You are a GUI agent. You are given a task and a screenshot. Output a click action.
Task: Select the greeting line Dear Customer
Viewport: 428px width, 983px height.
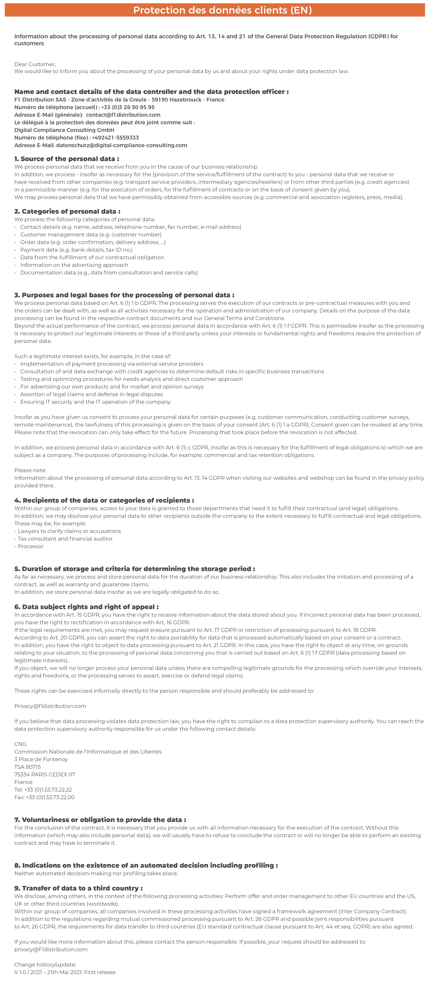pos(35,64)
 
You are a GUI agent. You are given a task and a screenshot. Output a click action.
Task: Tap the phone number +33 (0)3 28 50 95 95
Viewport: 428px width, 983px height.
pos(128,107)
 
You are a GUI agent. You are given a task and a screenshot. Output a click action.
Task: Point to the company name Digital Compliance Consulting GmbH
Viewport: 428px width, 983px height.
pos(64,130)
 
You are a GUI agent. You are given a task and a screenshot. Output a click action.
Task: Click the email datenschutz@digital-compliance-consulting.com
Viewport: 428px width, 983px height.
pos(121,145)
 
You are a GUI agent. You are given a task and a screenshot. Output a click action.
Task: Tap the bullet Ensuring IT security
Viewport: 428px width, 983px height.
pos(95,402)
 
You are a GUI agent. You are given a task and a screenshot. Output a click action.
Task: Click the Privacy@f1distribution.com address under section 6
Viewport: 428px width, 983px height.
pos(50,706)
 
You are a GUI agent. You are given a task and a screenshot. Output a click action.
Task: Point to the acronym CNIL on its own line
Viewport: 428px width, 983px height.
pos(21,744)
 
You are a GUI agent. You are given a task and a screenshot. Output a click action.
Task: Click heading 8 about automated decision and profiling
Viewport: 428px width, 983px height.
pos(146,865)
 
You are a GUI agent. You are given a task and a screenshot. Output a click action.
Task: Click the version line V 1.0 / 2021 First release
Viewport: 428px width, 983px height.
pos(65,972)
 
